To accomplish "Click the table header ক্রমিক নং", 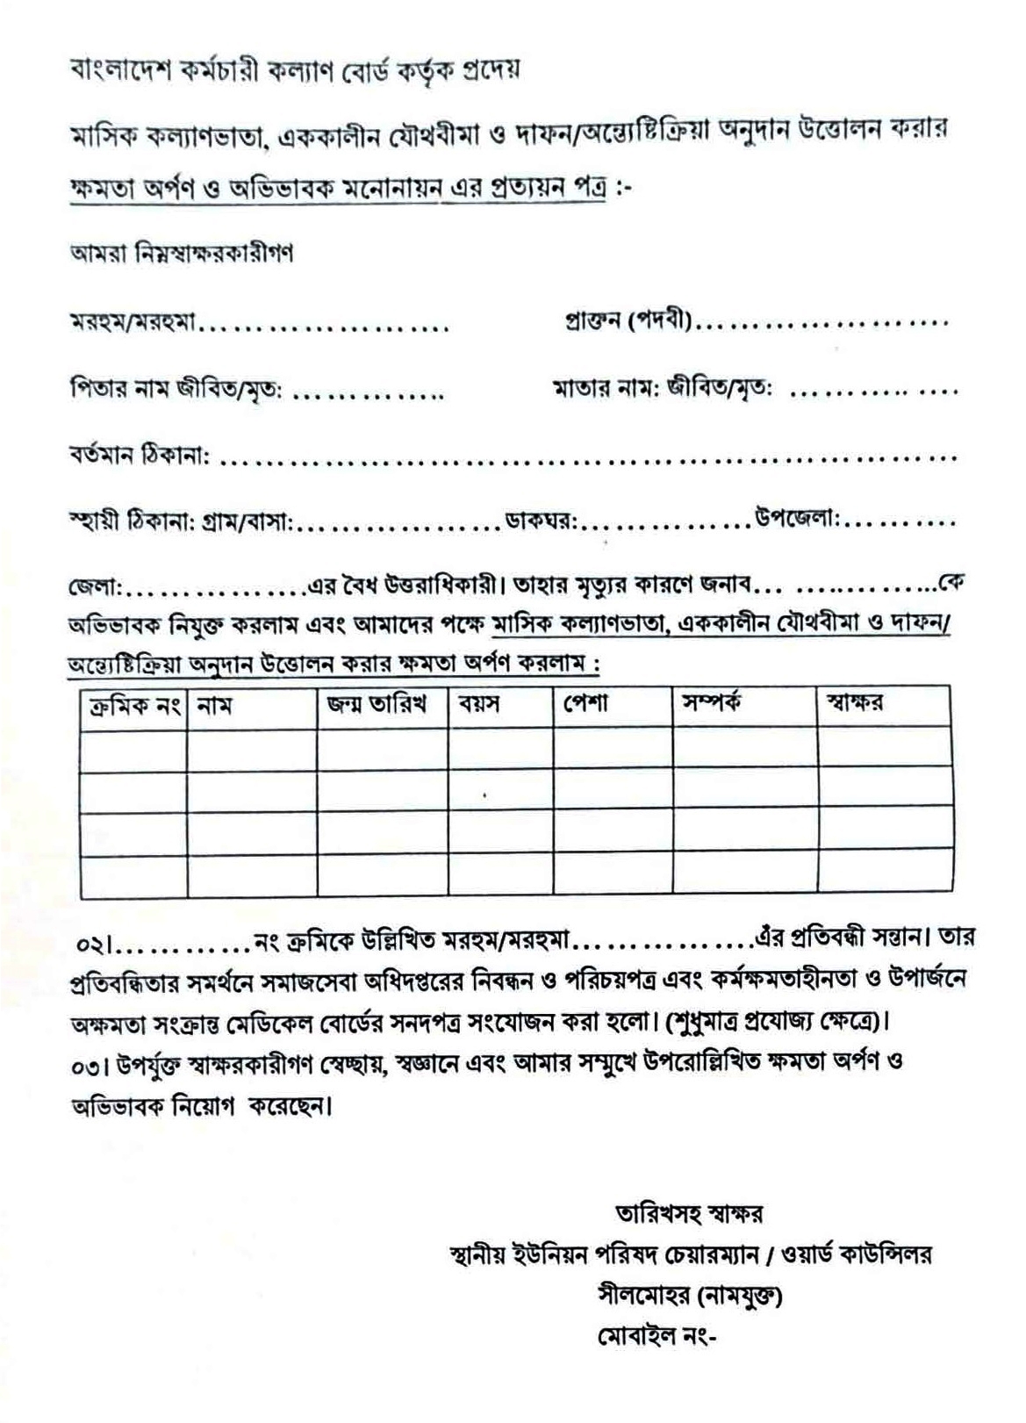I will point(131,706).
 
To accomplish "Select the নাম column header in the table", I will point(214,706).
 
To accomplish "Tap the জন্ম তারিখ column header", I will point(376,704).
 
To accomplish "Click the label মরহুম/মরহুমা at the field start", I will point(133,325).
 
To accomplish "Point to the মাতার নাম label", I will point(605,387).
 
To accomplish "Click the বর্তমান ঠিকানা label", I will point(139,456).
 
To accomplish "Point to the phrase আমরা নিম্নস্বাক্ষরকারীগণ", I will point(182,254).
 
